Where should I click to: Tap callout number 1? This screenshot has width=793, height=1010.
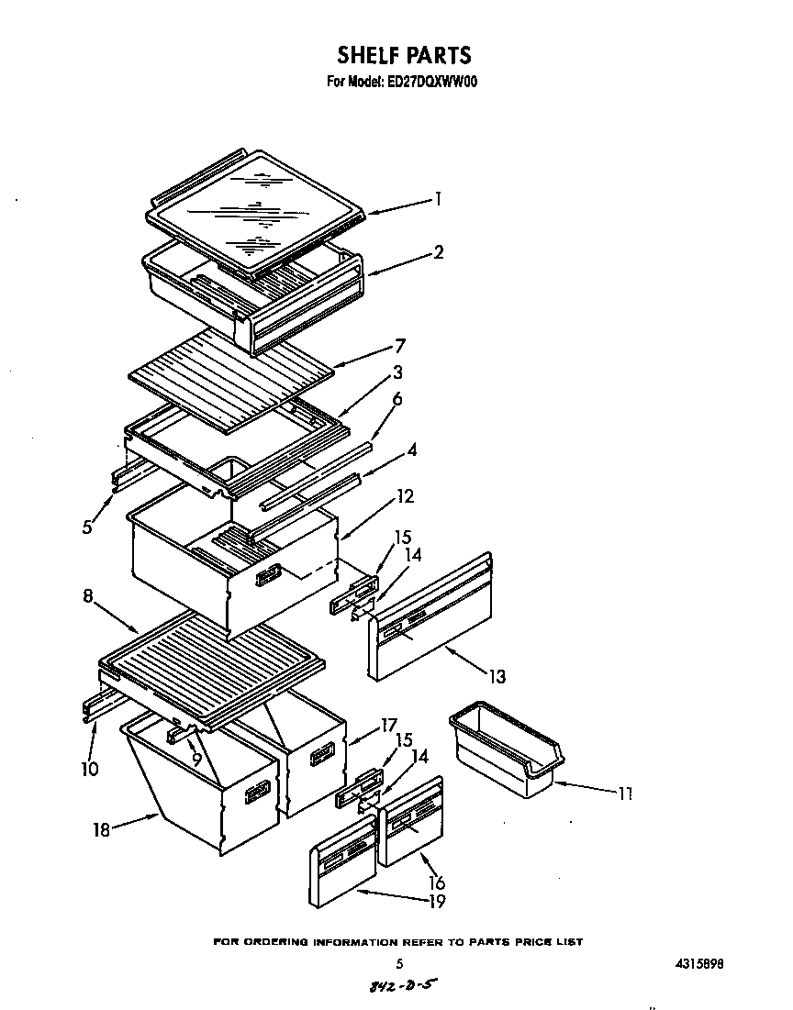(x=439, y=198)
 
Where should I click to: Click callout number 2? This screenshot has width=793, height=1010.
(x=439, y=251)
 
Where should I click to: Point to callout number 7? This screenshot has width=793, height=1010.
(x=400, y=346)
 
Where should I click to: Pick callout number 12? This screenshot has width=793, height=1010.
(x=405, y=496)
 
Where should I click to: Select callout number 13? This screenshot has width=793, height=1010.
(x=497, y=677)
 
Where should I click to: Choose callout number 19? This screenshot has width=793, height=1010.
(x=436, y=901)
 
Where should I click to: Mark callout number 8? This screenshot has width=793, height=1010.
(x=88, y=595)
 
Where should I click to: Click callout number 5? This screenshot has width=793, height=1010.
(x=87, y=527)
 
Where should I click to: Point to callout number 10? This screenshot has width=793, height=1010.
(x=89, y=769)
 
